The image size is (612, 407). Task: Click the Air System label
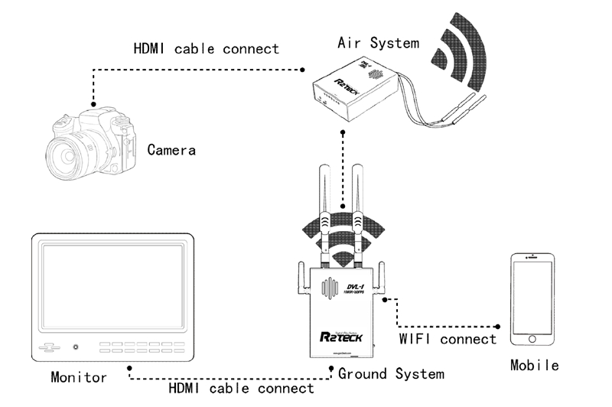click(x=379, y=43)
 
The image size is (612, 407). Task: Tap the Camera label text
click(x=171, y=149)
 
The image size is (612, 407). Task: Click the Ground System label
click(x=391, y=374)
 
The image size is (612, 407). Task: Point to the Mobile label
click(x=535, y=365)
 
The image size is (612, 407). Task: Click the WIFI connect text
click(x=448, y=338)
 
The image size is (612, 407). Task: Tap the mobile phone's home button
click(x=535, y=338)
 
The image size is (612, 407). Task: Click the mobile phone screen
click(x=535, y=295)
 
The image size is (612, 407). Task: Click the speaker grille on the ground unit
click(x=330, y=291)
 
